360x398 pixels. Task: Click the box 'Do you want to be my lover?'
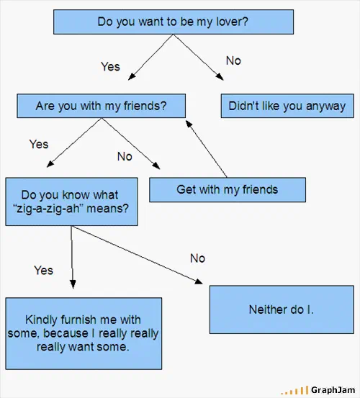tap(174, 22)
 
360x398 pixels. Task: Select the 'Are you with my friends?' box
tap(101, 106)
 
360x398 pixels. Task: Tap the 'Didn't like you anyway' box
tap(287, 106)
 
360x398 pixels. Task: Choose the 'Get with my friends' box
tap(228, 190)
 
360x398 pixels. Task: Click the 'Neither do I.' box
tap(282, 309)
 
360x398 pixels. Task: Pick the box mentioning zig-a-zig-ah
tap(71, 202)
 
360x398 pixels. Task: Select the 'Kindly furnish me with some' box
tap(84, 333)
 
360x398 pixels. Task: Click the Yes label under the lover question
tap(110, 67)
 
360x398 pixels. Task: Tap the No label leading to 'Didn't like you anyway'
tap(233, 61)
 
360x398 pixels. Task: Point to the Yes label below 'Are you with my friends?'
tap(39, 144)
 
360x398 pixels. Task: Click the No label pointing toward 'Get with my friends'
tap(125, 157)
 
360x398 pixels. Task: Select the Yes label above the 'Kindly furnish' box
tap(43, 271)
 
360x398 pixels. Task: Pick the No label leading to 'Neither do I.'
tap(197, 258)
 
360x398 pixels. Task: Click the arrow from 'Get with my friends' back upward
tap(206, 149)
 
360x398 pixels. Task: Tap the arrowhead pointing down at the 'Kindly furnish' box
tap(73, 284)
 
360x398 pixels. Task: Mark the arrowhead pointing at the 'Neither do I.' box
tap(199, 281)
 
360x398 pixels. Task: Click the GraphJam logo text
tap(333, 390)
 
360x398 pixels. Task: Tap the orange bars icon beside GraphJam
tap(294, 391)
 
